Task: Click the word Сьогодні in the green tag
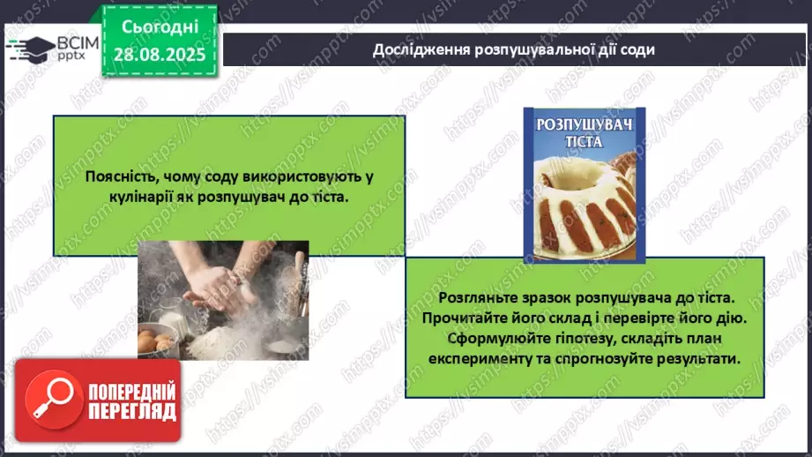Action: click(160, 27)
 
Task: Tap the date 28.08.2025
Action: click(160, 55)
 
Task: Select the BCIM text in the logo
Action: click(78, 43)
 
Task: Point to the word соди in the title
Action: click(638, 49)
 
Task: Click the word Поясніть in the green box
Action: click(120, 176)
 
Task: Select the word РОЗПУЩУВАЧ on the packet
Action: click(585, 125)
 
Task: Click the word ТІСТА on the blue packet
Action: click(584, 142)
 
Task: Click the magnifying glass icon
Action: click(55, 400)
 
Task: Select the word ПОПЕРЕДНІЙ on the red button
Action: click(132, 392)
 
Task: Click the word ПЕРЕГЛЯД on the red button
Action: click(132, 411)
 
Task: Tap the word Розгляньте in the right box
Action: click(476, 298)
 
